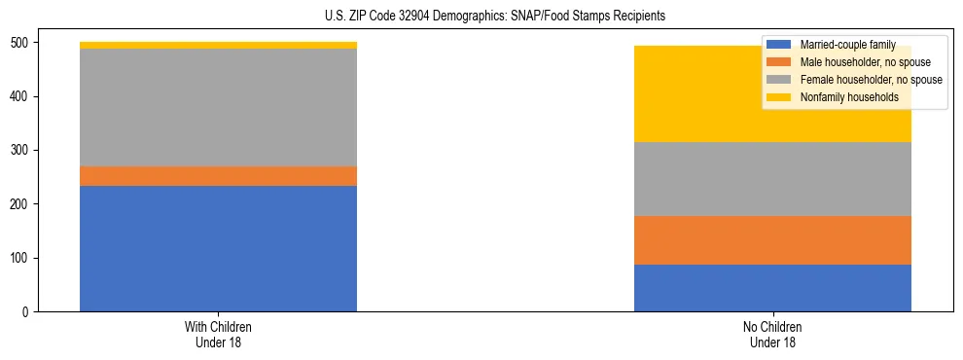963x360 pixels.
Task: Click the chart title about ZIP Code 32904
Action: click(x=481, y=17)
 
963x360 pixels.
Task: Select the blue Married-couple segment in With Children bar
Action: click(x=218, y=248)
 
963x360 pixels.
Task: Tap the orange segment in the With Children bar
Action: click(x=218, y=176)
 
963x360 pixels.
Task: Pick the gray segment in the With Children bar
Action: click(x=218, y=107)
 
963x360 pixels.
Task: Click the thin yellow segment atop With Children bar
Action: click(x=218, y=45)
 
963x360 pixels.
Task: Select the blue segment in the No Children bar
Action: click(x=772, y=288)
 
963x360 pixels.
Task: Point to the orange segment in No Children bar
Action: click(x=772, y=240)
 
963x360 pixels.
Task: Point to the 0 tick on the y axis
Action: click(x=28, y=311)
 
